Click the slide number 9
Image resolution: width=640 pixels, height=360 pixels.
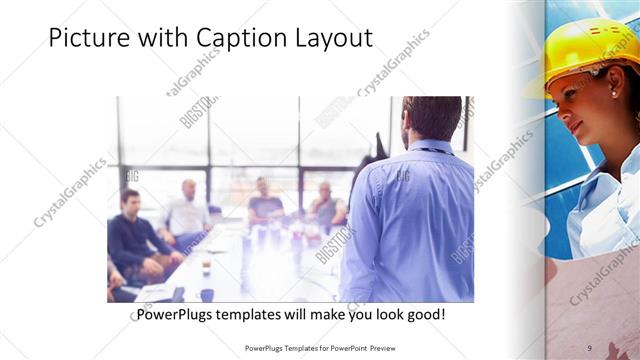click(x=590, y=347)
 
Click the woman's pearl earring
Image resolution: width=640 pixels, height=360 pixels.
click(x=612, y=93)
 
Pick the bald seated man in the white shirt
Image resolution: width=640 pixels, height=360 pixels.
click(x=187, y=210)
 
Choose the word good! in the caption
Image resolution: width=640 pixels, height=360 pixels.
click(x=424, y=315)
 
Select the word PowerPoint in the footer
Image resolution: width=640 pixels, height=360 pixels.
click(x=343, y=348)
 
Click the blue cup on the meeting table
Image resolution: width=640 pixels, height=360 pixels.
click(x=206, y=294)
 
